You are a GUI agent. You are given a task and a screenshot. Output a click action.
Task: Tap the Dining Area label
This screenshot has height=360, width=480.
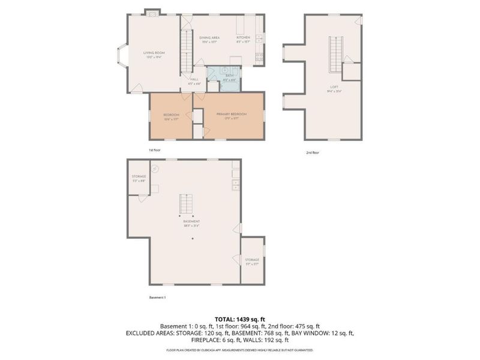pos(209,37)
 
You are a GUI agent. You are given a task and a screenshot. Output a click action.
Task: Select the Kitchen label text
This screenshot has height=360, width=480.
pos(243,37)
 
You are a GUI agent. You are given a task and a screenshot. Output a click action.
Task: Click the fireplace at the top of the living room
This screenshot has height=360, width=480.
pos(154,11)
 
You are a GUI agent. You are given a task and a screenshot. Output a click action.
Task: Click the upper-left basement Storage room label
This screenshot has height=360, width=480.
pos(139,176)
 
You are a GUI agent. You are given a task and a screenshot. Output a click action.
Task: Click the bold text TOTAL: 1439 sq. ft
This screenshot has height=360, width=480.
pos(239,319)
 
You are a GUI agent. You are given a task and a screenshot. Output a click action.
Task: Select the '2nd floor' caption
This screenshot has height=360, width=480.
pos(312,152)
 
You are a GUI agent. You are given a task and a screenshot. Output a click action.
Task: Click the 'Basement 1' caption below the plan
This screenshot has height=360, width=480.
pos(157,297)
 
